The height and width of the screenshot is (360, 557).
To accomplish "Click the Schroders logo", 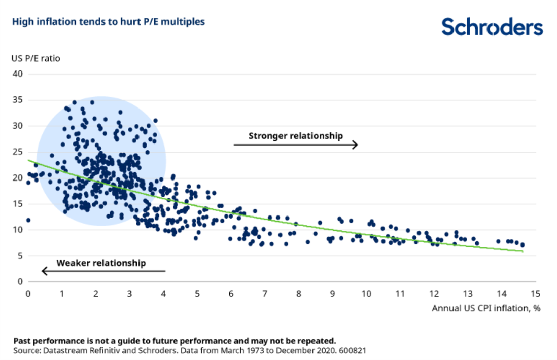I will pos(492,27).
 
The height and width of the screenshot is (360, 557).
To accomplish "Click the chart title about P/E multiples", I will pos(109,22).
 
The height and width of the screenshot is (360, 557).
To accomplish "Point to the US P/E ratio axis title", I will pos(36,58).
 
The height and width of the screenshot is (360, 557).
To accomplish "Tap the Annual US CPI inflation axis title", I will pos(486,308).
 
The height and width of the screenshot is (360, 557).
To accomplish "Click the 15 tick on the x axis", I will pos(535,294).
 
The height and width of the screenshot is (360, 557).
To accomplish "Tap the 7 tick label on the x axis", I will pos(265,294).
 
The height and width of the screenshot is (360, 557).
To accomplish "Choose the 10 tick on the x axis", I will pos(366,294).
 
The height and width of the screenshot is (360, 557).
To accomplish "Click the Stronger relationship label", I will pos(295,135).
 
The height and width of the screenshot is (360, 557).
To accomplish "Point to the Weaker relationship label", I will pos(101,263).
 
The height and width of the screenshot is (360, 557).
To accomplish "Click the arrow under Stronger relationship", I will pos(296,145).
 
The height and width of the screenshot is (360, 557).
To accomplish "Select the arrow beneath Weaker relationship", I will pos(103,271).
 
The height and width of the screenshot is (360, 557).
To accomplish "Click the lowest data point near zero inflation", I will pos(28,220).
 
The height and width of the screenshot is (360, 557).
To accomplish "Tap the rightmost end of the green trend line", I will pos(522,251).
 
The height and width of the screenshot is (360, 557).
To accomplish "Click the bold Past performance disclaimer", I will pos(175,340).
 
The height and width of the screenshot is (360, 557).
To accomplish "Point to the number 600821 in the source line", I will pos(352,350).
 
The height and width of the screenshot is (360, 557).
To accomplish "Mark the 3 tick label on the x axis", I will pos(129,294).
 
